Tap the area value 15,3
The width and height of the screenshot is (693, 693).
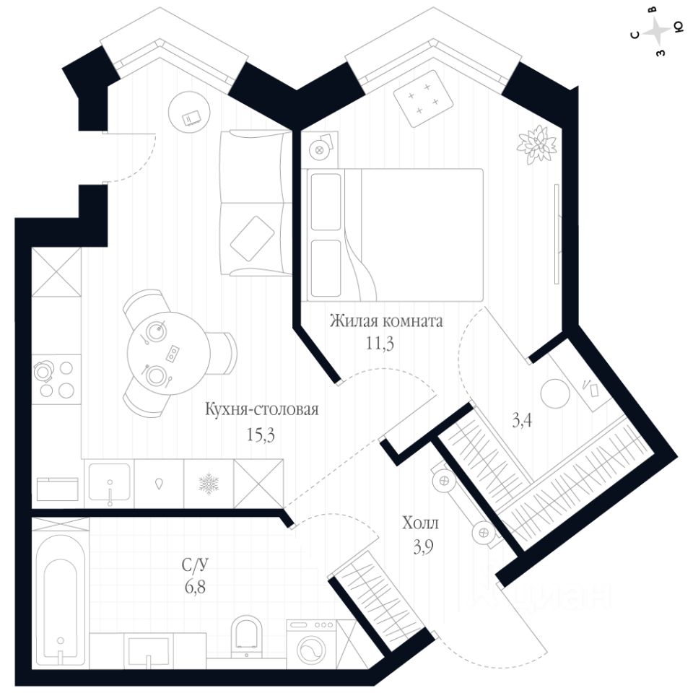click(261, 435)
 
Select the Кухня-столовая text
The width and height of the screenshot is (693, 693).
click(261, 410)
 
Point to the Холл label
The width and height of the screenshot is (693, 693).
click(420, 523)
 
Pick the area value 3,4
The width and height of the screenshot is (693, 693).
click(523, 421)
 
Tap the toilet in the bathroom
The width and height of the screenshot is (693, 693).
click(247, 635)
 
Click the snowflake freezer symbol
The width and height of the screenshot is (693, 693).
click(208, 484)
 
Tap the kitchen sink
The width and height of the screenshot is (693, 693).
click(109, 484)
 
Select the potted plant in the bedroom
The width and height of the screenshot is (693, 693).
click(537, 143)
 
